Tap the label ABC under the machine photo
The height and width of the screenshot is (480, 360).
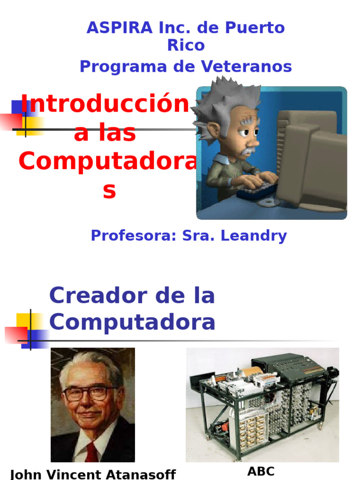coord(261,471)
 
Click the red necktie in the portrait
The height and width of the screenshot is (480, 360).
coord(91,452)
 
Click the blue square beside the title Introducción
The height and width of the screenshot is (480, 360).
coord(18,107)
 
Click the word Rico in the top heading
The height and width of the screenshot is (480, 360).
coord(186,45)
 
